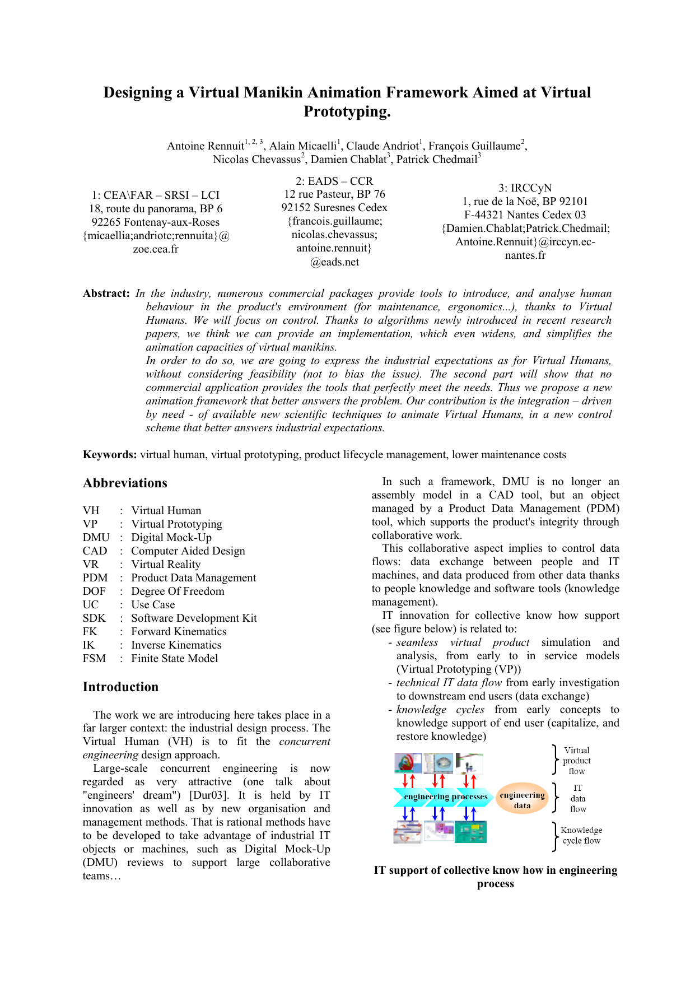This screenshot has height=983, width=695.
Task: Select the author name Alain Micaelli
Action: point(303,146)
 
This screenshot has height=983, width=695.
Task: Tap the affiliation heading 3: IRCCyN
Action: point(525,188)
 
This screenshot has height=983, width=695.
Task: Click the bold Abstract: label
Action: point(106,293)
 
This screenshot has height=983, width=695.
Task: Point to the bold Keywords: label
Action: point(110,455)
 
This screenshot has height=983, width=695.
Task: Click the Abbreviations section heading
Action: point(125,483)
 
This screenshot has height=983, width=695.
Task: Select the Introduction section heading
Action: point(120,687)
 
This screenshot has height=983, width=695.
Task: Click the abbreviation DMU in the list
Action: point(96,538)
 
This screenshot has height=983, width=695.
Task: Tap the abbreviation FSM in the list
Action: point(94,659)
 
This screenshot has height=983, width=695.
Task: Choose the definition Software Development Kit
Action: point(194,618)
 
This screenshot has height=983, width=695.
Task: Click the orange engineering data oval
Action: point(522,800)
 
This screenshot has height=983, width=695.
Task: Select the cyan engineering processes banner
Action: point(445,796)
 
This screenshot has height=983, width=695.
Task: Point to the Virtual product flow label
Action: point(576,761)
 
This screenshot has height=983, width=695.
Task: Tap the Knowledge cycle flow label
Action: point(581,835)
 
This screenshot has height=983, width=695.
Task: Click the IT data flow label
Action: point(578,799)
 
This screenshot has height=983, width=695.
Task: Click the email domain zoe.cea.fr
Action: point(156,249)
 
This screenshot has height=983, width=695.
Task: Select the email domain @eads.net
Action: point(334,262)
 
